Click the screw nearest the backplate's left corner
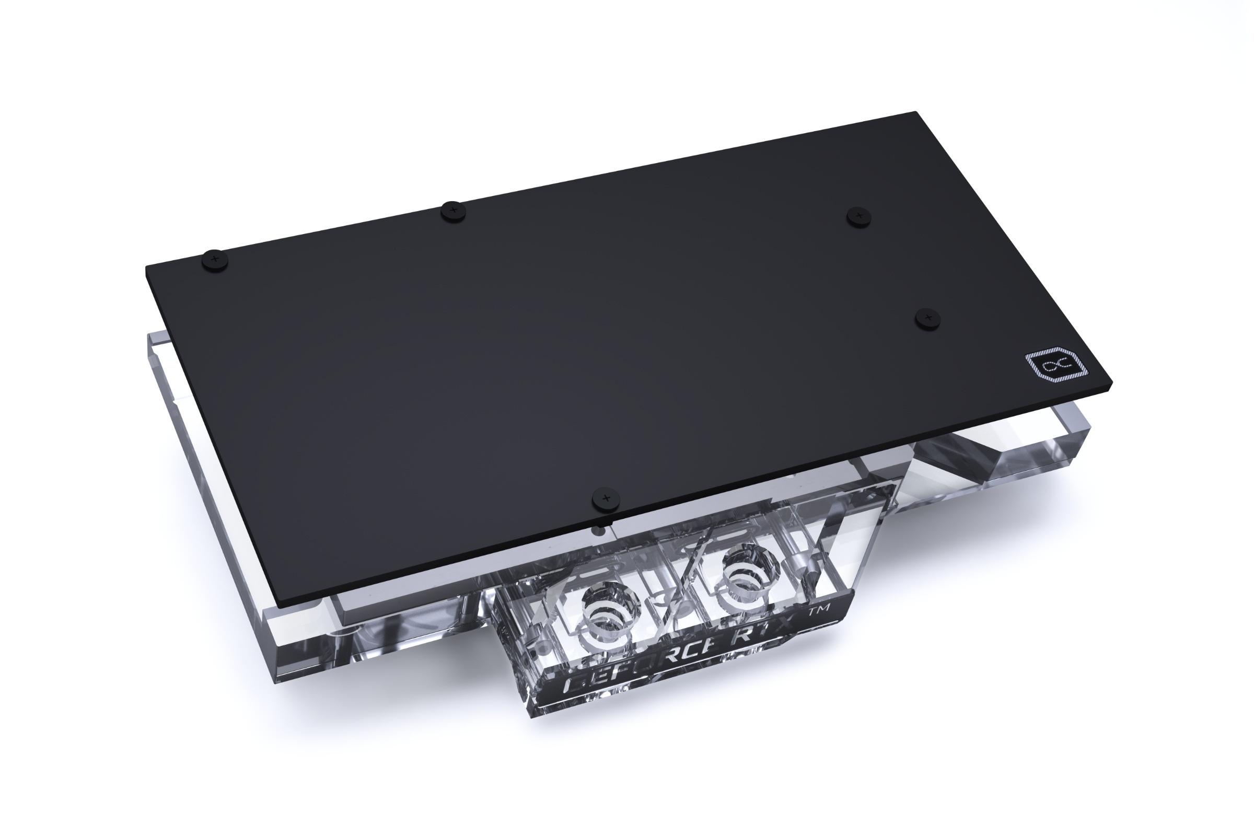(x=215, y=260)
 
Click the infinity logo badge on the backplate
(x=1056, y=367)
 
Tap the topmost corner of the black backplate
(x=915, y=112)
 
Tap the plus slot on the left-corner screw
(x=215, y=259)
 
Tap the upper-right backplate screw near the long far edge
(x=858, y=216)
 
